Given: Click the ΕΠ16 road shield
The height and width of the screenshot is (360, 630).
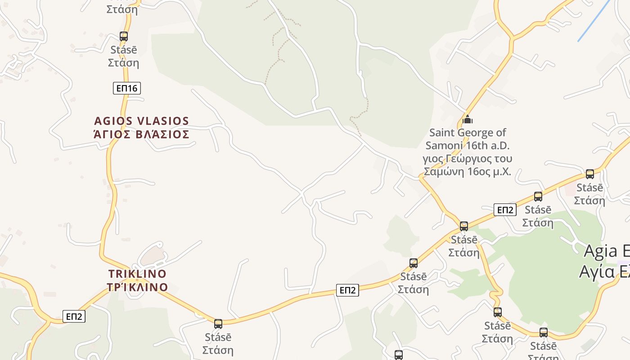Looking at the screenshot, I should [126, 88].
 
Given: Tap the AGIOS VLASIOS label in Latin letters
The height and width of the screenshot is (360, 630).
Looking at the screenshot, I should [141, 121].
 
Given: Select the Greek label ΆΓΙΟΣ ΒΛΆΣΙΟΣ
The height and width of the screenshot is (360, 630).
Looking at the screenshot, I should [141, 134].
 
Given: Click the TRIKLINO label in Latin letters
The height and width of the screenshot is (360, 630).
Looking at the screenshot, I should [137, 274].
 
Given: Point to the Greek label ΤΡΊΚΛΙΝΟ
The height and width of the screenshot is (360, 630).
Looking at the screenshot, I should [137, 287].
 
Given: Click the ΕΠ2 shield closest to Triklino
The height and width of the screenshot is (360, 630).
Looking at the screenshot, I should [74, 316].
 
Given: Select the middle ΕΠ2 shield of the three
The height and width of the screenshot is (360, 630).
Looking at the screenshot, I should [347, 290].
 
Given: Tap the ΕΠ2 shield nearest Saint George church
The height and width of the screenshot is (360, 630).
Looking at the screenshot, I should [504, 210].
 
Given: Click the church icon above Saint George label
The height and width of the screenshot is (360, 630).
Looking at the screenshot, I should [468, 120].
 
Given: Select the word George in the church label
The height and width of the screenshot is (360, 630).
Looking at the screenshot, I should [476, 133].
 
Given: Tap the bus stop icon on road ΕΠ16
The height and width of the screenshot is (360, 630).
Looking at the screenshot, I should [123, 36].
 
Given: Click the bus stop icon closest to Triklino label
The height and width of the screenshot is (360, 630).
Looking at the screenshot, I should [218, 324].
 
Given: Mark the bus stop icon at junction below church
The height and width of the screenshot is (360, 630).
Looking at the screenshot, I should [464, 226].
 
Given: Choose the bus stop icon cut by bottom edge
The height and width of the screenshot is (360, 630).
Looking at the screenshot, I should [399, 355].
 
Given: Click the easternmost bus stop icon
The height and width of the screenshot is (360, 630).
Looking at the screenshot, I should [590, 174].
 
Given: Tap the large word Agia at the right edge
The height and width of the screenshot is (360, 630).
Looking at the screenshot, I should [601, 252].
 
